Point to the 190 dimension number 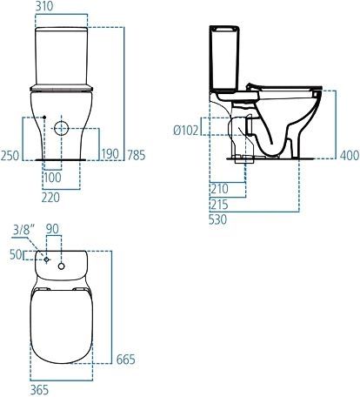pos(110,154)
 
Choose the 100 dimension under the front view pos(55,178)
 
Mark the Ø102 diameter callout pos(187,130)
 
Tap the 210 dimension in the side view pos(220,188)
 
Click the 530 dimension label pos(220,221)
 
